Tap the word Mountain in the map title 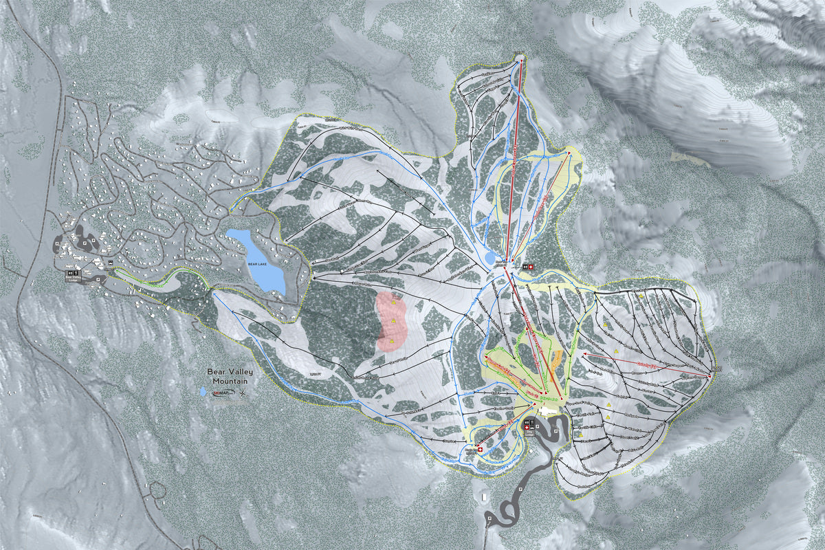(230, 382)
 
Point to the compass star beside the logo (243, 393)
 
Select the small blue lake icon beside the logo (203, 392)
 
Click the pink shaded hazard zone (391, 322)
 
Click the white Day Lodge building (549, 410)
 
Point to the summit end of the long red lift (520, 60)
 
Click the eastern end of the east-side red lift (709, 376)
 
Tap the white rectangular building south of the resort (485, 495)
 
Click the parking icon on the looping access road (520, 489)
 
